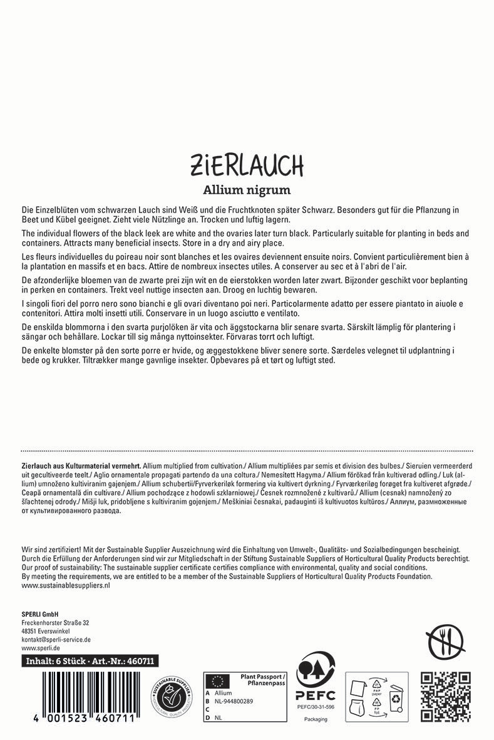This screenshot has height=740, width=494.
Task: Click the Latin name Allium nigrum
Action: pos(247,189)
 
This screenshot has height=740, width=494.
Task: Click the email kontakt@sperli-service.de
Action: pos(56,639)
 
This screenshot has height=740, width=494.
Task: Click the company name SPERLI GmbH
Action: pos(40,614)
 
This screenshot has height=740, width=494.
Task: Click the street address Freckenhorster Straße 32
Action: pos(55,623)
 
